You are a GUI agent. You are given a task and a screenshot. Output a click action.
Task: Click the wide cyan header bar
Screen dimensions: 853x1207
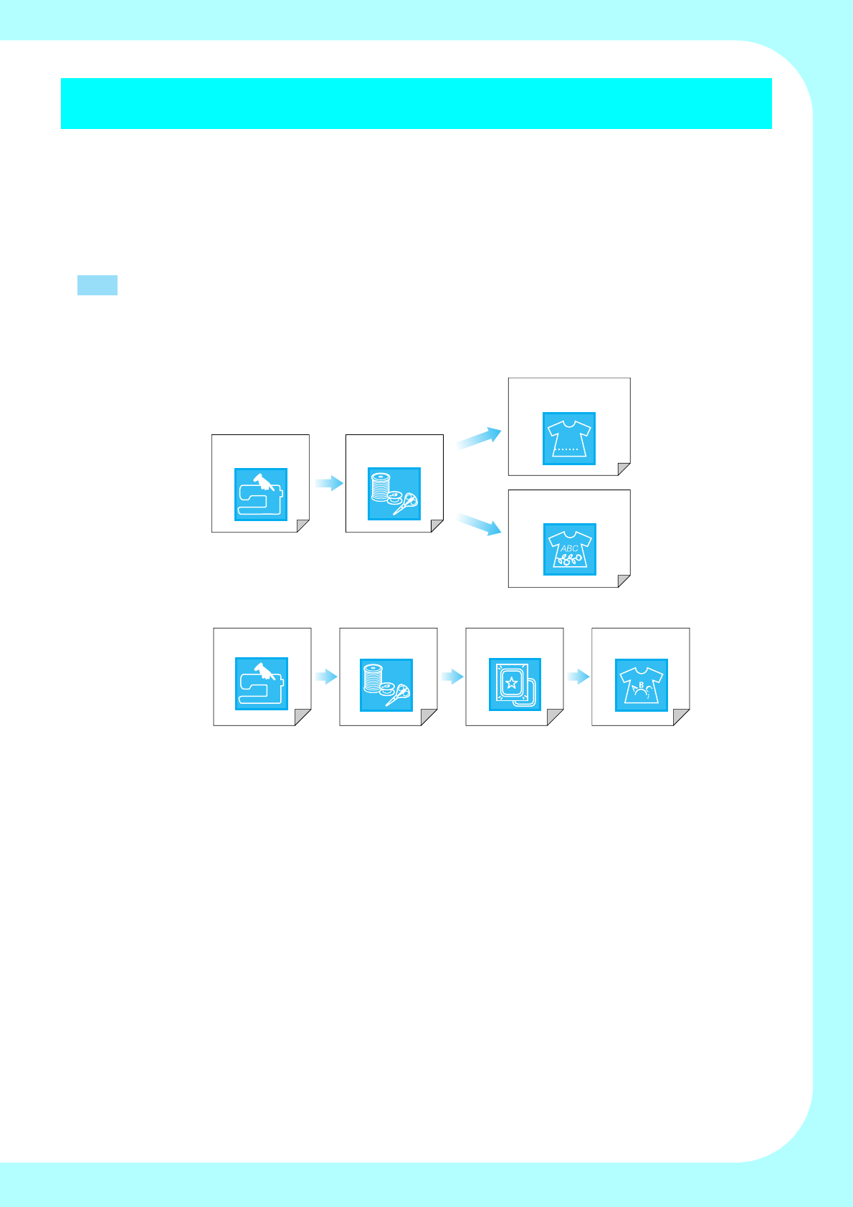click(x=416, y=103)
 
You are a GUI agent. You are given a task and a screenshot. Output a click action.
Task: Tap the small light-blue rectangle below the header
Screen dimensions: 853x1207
click(x=97, y=285)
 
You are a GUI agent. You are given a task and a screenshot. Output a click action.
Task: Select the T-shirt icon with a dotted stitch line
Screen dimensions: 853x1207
click(x=569, y=439)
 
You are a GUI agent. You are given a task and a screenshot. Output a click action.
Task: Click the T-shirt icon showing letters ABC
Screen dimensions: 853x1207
click(x=570, y=550)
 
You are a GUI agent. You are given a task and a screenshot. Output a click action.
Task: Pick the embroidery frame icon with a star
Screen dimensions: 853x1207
click(x=515, y=684)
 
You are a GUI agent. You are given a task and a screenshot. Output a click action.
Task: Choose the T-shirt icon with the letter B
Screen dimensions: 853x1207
click(x=642, y=685)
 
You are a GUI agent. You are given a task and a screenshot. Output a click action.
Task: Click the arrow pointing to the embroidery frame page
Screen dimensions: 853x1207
click(x=452, y=677)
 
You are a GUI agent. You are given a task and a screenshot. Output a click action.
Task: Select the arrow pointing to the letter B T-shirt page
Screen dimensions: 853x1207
click(x=578, y=677)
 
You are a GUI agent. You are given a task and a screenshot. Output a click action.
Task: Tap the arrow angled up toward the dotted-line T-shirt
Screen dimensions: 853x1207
click(x=478, y=438)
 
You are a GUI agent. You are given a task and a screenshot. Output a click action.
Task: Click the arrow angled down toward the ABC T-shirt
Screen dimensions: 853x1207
click(x=478, y=524)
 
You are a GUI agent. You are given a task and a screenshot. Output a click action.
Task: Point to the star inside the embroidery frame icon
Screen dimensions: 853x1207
click(x=511, y=682)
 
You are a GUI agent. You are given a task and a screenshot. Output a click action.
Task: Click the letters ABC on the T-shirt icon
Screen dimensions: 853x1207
click(x=569, y=548)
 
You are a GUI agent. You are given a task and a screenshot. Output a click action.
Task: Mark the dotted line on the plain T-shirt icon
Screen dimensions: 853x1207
click(x=567, y=449)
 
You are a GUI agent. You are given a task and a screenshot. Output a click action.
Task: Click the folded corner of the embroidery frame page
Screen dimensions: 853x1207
click(x=556, y=718)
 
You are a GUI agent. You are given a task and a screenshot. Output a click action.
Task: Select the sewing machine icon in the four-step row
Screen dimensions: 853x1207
click(x=262, y=684)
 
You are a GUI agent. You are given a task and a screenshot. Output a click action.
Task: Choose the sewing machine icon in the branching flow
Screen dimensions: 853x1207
click(x=261, y=495)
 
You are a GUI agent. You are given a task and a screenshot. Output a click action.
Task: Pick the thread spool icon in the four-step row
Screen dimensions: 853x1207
click(x=386, y=685)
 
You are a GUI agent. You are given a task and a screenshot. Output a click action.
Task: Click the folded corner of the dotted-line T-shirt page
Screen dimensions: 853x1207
click(x=624, y=469)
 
